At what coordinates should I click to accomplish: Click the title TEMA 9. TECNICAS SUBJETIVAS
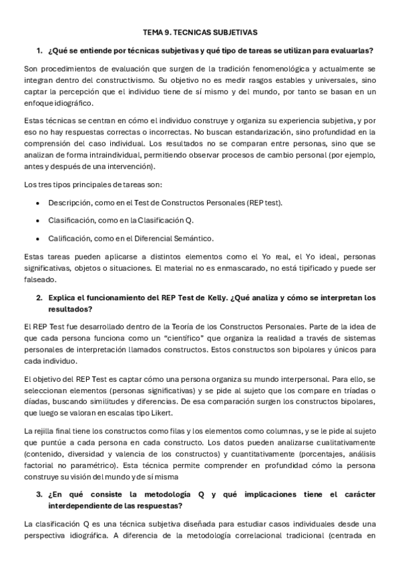coord(200,31)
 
